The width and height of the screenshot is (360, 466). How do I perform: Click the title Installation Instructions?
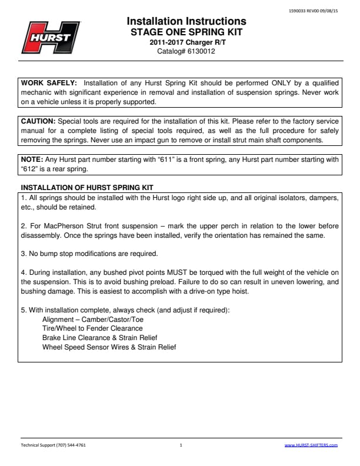point(186,22)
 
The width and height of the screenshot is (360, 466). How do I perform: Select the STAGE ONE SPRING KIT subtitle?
point(186,32)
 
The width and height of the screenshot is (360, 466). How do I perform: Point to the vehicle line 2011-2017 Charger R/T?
point(186,42)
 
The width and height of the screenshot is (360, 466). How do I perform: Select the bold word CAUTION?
point(38,121)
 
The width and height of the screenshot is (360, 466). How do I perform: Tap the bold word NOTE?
point(31,159)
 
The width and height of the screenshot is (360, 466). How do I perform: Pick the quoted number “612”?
point(29,168)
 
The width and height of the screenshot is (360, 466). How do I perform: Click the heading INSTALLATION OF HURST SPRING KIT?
point(86,188)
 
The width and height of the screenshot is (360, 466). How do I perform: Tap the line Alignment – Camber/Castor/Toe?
point(88,319)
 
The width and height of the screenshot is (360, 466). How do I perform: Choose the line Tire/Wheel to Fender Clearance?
point(92,329)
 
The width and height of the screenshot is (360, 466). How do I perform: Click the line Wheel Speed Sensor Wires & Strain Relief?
point(109,347)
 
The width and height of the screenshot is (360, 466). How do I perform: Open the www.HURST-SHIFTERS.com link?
point(311,445)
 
